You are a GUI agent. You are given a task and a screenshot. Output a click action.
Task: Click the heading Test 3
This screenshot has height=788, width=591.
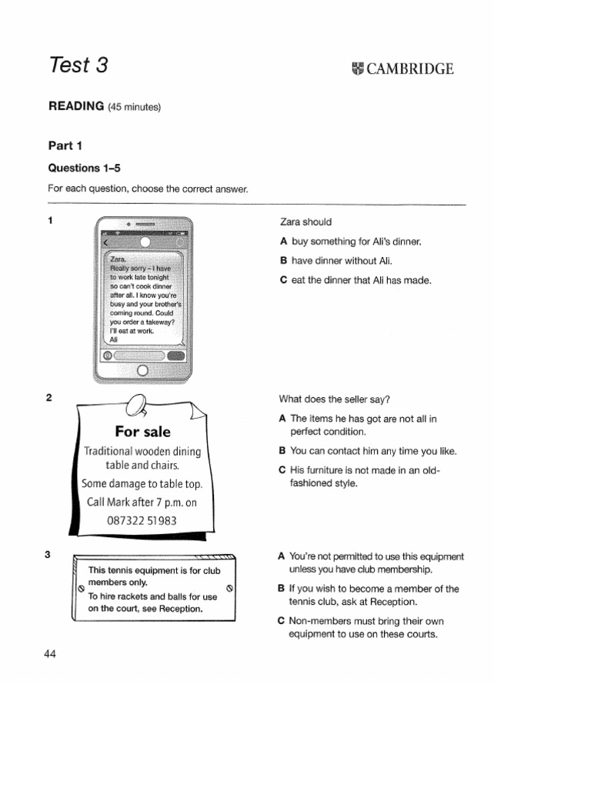click(x=78, y=66)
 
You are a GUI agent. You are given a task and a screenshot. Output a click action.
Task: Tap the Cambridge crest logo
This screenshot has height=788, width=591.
click(x=358, y=68)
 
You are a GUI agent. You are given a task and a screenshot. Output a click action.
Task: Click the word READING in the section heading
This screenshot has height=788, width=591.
click(x=76, y=106)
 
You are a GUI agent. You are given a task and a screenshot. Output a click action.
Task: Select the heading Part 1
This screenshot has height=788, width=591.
click(x=65, y=145)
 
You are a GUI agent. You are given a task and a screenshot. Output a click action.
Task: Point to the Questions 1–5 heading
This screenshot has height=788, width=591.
click(x=85, y=168)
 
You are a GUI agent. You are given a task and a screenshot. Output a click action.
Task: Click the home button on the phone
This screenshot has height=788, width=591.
click(x=142, y=369)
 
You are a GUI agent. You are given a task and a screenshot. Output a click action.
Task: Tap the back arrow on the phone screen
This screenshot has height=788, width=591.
click(x=105, y=242)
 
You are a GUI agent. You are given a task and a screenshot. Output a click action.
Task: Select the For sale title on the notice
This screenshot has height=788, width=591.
click(x=142, y=431)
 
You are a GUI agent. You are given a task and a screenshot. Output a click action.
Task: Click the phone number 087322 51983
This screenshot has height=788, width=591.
click(x=142, y=520)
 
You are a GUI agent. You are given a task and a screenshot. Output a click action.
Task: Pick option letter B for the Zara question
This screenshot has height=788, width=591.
click(x=283, y=261)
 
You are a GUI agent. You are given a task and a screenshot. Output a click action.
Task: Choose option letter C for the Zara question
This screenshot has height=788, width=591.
click(x=283, y=280)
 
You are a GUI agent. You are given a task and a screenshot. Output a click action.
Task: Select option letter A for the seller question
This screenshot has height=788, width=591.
click(x=283, y=419)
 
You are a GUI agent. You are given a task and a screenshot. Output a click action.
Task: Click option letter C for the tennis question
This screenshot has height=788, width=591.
click(x=282, y=621)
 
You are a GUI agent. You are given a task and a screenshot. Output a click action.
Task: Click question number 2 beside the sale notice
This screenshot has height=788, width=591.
click(x=49, y=398)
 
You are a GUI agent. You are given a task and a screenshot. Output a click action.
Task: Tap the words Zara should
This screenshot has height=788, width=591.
click(x=306, y=222)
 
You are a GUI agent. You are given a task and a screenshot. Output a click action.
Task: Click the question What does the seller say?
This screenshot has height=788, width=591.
click(x=335, y=399)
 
